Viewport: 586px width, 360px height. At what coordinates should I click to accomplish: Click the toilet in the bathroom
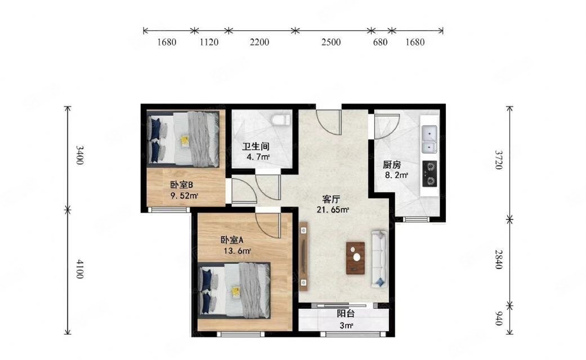[280, 119]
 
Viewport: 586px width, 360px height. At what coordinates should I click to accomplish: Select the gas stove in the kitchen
[430, 173]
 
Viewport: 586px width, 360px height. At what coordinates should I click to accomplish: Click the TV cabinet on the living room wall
[304, 256]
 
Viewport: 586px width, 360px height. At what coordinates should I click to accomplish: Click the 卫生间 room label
[256, 147]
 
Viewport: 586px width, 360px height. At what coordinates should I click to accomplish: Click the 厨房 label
[392, 165]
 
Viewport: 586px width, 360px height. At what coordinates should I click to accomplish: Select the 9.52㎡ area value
[184, 196]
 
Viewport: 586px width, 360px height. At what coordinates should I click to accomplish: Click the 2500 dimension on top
[331, 42]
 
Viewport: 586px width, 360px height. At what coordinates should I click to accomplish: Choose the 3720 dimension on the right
[498, 160]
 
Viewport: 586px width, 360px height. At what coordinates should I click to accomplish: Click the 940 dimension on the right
[498, 319]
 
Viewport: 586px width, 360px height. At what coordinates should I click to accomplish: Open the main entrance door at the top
[329, 119]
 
